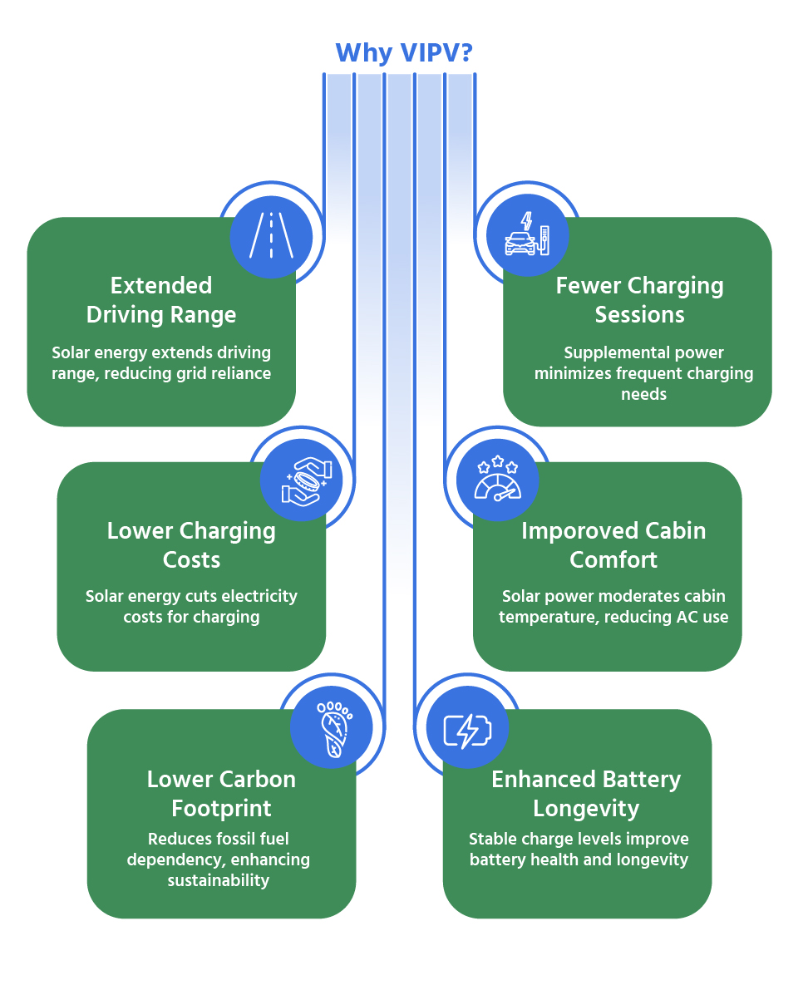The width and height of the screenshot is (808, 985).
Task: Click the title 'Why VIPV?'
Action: coord(404,52)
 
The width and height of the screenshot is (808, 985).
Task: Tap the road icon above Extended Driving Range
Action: coord(271,237)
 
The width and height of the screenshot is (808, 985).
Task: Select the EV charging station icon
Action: coord(527,235)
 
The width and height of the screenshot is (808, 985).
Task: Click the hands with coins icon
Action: coord(302,480)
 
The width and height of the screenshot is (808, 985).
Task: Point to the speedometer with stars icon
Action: coord(497,480)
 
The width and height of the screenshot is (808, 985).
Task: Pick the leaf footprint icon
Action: coord(333,727)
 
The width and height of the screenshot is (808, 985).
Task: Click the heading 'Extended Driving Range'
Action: coord(161,300)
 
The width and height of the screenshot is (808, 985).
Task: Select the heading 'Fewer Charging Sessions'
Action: coord(639,300)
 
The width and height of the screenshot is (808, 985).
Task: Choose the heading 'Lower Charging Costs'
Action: coord(191,545)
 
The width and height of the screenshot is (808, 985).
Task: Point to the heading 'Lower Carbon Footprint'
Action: coord(221,794)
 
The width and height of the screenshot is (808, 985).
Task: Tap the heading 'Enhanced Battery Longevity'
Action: coord(586,794)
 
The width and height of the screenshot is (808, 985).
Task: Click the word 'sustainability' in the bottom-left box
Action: coord(219,880)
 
